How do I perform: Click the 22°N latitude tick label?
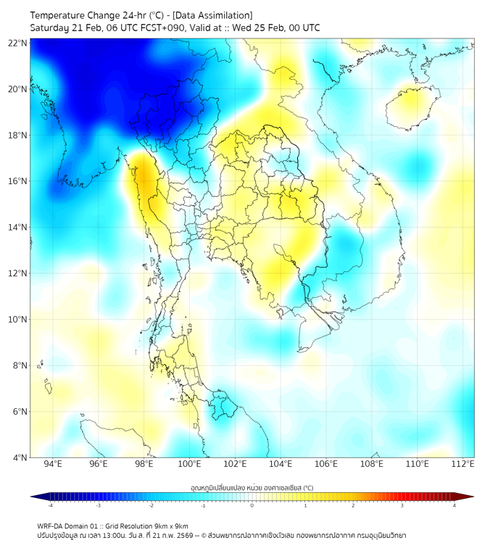pyautogui.click(x=17, y=43)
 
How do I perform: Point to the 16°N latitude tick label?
pyautogui.click(x=17, y=180)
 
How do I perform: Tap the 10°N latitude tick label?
pyautogui.click(x=17, y=319)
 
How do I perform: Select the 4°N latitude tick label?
pyautogui.click(x=20, y=457)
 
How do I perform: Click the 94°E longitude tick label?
pyautogui.click(x=53, y=464)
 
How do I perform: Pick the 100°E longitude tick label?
pyautogui.click(x=189, y=464)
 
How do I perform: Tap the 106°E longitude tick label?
pyautogui.click(x=326, y=464)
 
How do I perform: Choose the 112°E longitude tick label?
pyautogui.click(x=462, y=464)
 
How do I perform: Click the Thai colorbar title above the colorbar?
pyautogui.click(x=252, y=488)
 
